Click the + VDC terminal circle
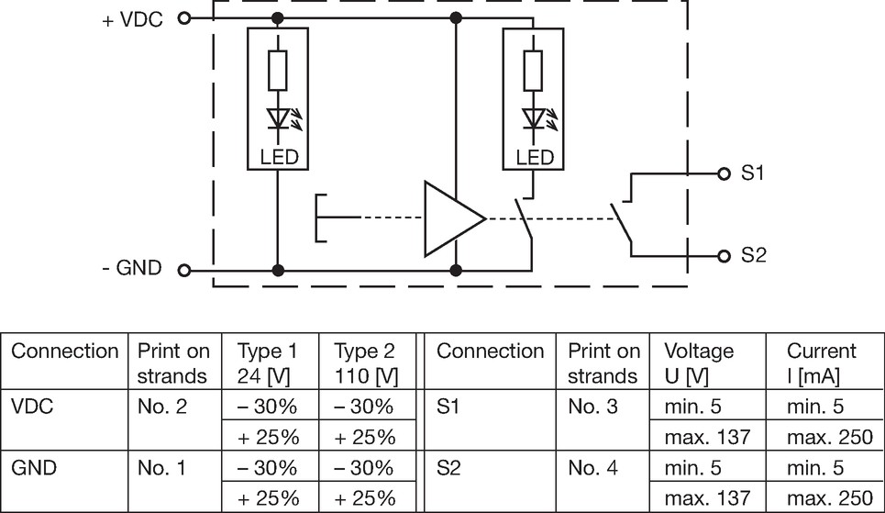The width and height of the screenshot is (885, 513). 184,18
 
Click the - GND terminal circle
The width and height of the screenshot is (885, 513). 184,270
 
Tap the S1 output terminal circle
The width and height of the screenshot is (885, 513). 725,173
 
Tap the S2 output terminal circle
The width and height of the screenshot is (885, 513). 725,256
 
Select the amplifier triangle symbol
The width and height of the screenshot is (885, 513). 454,218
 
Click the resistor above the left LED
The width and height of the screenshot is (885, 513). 278,70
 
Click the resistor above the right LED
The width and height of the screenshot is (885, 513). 534,70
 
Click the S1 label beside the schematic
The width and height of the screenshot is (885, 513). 752,173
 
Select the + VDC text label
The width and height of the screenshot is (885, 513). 133,20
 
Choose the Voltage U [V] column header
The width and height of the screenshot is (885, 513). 699,363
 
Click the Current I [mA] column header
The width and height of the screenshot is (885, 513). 821,363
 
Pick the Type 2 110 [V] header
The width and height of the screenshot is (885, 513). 366,363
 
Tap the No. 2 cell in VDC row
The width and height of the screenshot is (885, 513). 162,407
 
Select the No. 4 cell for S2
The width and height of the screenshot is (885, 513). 592,468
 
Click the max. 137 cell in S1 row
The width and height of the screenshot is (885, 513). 707,437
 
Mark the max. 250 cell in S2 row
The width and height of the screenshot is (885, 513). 830,497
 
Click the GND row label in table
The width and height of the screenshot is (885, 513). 34,468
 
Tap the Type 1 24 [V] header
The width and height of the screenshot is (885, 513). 267,363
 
